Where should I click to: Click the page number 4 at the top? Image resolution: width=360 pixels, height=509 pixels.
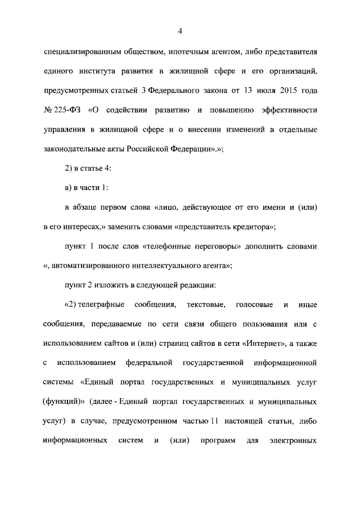(180, 30)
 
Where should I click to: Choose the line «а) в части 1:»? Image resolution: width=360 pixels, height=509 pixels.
(86, 188)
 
